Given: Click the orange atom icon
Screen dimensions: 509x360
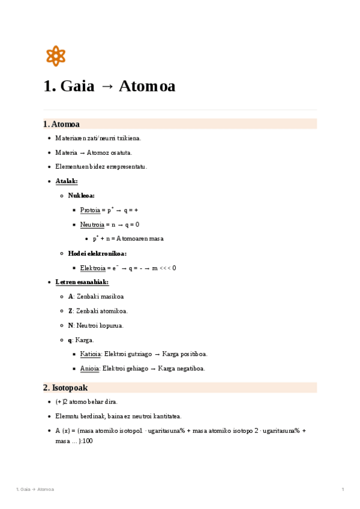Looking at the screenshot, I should [x=55, y=56].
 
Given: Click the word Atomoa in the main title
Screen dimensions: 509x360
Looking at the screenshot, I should [x=147, y=86].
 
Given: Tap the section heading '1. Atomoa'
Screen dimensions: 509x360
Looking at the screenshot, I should [x=61, y=124].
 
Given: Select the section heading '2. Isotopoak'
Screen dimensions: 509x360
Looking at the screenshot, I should [x=65, y=388].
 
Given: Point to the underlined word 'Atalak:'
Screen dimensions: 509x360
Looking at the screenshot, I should [x=66, y=181].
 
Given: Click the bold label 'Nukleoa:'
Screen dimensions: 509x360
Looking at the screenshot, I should [x=81, y=195].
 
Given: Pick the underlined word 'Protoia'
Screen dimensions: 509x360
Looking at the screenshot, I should [x=90, y=210].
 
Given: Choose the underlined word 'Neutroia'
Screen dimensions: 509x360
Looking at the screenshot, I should [x=92, y=224].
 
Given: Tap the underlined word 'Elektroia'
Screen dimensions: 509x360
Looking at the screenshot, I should [x=92, y=268].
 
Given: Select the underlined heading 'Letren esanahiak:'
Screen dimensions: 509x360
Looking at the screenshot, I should [x=82, y=282].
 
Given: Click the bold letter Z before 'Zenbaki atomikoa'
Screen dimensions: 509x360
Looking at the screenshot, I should [x=70, y=311].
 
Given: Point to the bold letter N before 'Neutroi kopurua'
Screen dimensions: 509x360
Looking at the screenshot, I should [x=70, y=325].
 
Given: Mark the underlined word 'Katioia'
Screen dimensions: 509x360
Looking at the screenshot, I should [x=91, y=354].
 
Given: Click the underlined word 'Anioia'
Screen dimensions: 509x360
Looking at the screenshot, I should [x=90, y=369].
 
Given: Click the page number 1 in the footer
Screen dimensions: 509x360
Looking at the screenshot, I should [x=343, y=490].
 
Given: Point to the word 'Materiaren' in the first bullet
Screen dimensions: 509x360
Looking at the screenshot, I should [x=69, y=138].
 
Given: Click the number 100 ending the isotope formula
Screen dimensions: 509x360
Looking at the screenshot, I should [x=88, y=441].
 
